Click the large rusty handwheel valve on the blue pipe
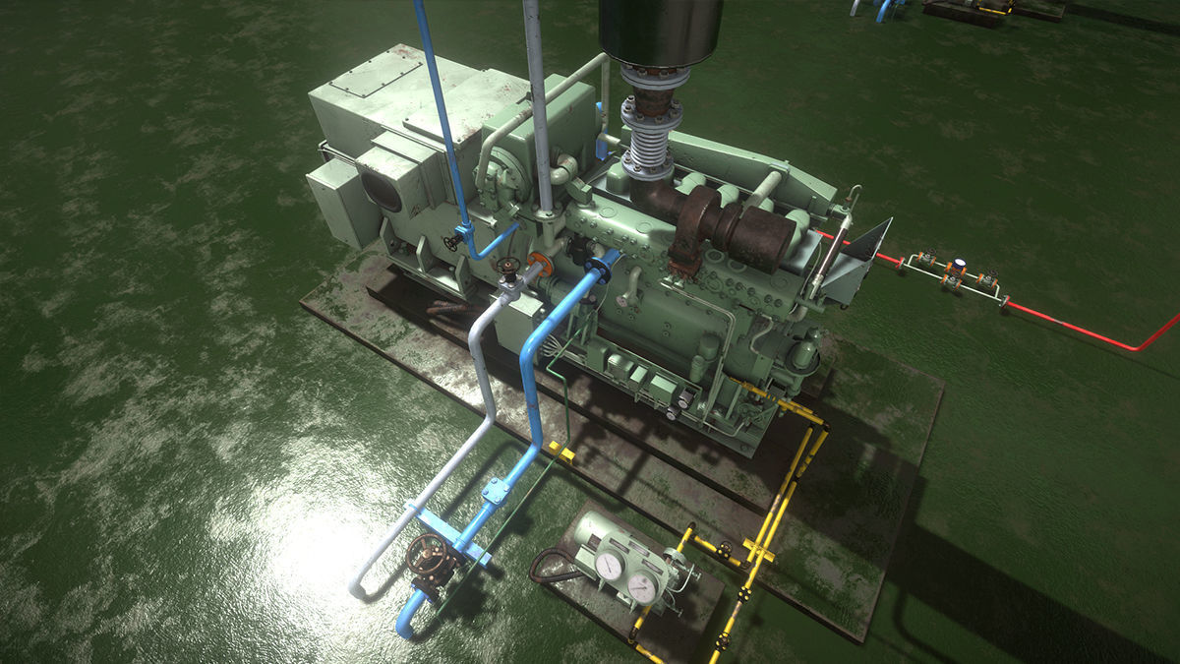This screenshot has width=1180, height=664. click(426, 557)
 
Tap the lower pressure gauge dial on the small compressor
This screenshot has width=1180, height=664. click(642, 587)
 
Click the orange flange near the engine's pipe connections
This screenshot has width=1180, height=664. click(538, 265)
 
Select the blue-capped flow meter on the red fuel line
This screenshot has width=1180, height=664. click(957, 266)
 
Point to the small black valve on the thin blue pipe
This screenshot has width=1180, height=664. click(453, 240)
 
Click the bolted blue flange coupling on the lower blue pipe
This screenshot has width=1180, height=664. click(497, 489)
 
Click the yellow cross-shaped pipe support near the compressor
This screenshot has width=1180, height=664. click(758, 549)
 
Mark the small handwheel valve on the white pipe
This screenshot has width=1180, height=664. click(508, 266)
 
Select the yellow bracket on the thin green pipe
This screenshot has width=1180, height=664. click(560, 451)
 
